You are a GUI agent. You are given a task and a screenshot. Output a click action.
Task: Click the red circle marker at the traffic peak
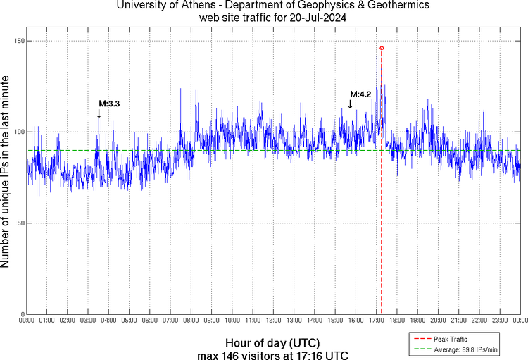[x=382, y=48]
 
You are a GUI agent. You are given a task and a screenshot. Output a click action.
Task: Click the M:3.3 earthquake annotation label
[x=109, y=104]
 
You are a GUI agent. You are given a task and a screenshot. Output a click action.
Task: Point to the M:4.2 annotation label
[x=360, y=94]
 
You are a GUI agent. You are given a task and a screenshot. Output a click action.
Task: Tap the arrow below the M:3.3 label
[x=99, y=113]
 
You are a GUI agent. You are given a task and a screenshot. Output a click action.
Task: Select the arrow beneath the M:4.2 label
[x=351, y=104]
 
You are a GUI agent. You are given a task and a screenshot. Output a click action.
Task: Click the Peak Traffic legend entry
[x=451, y=339]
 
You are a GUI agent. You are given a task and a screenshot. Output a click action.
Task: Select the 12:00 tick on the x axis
[x=273, y=321]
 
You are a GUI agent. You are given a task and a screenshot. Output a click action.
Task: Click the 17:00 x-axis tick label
[x=376, y=321]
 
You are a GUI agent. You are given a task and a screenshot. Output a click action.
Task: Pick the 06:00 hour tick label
[x=150, y=321]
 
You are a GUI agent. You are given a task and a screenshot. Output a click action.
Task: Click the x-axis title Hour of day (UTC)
[x=273, y=342]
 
